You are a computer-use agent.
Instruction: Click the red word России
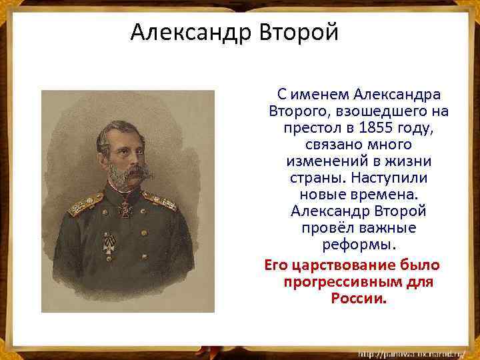click(x=357, y=298)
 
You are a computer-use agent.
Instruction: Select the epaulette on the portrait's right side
click(x=159, y=199)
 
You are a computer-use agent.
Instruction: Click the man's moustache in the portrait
click(x=133, y=173)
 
